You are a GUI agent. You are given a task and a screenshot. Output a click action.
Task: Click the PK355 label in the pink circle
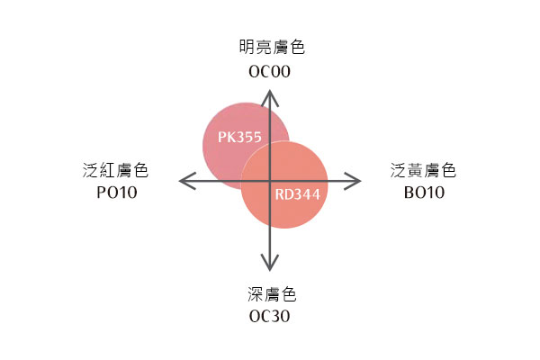[239, 137]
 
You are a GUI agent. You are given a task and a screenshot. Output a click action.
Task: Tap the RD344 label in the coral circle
[298, 194]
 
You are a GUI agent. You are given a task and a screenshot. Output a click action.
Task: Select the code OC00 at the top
[270, 72]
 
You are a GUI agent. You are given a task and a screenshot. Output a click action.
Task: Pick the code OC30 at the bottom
[270, 316]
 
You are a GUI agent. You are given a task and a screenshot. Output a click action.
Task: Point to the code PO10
[117, 193]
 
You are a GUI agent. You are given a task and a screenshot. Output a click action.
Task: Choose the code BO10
[424, 193]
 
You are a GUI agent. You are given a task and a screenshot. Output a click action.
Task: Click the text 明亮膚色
[272, 47]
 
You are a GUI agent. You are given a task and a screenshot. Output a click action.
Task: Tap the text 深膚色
[272, 294]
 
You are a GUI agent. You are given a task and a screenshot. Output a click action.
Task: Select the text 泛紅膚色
[115, 170]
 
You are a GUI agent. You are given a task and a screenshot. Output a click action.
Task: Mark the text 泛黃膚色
[423, 170]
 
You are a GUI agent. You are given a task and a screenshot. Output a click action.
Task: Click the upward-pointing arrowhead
[270, 98]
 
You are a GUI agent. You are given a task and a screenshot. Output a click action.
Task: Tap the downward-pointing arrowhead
[270, 263]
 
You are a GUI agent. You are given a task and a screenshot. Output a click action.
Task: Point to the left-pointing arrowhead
[188, 181]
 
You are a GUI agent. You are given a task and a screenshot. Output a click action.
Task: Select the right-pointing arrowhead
[352, 181]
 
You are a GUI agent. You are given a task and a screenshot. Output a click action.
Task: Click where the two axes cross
[270, 181]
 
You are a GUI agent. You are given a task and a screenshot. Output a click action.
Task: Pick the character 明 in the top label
[247, 47]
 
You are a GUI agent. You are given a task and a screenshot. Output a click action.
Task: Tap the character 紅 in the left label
[107, 170]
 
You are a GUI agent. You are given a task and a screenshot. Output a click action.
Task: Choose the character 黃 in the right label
[415, 170]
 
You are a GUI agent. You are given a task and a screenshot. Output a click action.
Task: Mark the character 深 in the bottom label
[256, 294]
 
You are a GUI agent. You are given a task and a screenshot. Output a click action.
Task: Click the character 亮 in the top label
[264, 47]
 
